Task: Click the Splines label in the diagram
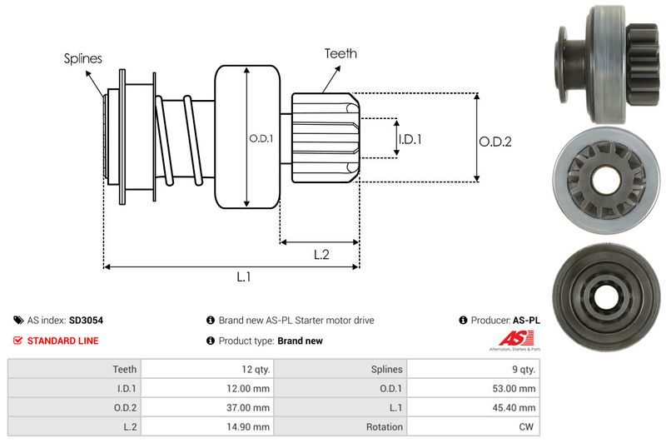click(83, 59)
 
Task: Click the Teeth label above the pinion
click(340, 53)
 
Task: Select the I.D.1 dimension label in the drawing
click(410, 140)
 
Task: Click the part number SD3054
click(86, 320)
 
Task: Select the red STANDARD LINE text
click(62, 341)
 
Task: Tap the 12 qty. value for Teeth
click(253, 369)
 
